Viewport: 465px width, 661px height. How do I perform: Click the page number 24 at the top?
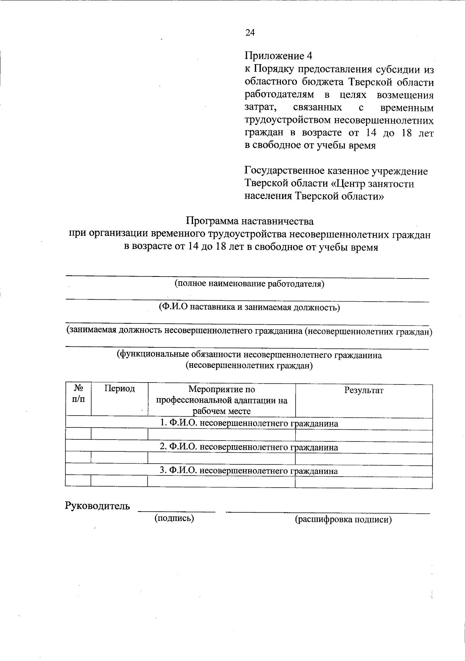coord(250,33)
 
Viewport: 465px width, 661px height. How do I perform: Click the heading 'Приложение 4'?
coord(278,56)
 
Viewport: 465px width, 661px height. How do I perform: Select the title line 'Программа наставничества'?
coord(250,221)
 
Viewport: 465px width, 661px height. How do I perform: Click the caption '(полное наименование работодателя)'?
coord(250,284)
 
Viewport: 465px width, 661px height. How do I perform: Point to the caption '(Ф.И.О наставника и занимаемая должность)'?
coord(250,307)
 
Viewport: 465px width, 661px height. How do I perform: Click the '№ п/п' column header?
coord(79,393)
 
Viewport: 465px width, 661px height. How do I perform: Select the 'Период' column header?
coord(120,389)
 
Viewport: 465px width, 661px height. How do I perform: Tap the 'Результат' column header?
coord(363,390)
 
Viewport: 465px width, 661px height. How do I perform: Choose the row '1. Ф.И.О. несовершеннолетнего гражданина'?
coord(249,424)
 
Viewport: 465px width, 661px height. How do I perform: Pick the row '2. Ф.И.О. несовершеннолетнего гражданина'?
coord(249,447)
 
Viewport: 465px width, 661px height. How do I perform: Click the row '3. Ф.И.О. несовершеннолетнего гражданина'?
coord(249,471)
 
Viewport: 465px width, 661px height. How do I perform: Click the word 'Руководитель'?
coord(97,506)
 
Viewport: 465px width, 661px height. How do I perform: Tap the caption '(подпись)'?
coord(174,518)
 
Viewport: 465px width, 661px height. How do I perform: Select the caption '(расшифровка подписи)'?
coord(343,520)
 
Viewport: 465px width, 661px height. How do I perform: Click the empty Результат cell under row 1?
coord(363,436)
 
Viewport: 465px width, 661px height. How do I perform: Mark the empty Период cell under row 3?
coord(119,482)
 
